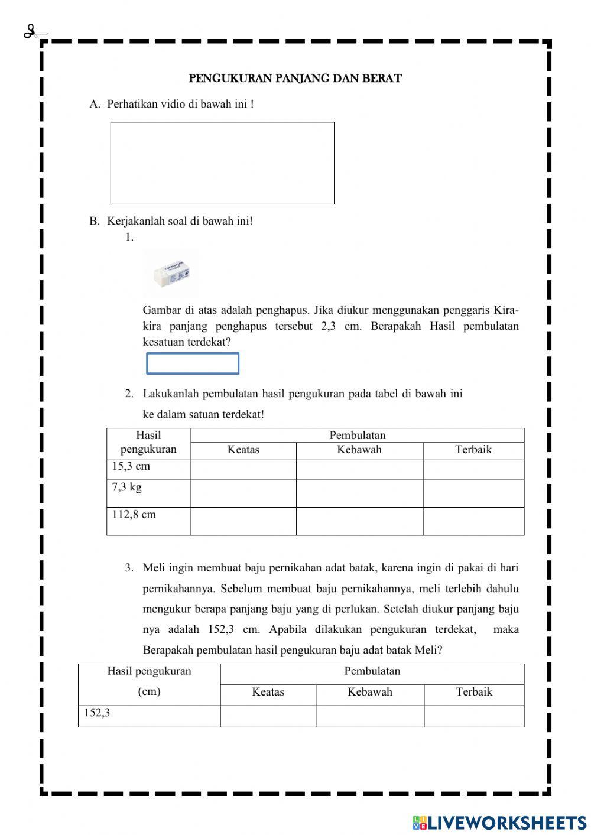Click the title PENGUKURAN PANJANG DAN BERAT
pos(295,78)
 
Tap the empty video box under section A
pos(222,163)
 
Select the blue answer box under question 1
pos(193,363)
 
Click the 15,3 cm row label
pos(131,466)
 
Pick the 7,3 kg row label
pos(127,488)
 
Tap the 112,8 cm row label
pos(134,515)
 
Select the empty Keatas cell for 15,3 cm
pos(243,469)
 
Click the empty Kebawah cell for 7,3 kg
pos(359,493)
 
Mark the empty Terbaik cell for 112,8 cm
pos(473,521)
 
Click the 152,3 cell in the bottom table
pos(97,713)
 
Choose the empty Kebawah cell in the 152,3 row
pos(369,716)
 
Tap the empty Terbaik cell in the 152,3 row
pos(473,716)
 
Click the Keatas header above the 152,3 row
pos(268,692)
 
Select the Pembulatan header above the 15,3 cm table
pos(357,436)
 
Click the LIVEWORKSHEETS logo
pos(499,822)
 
